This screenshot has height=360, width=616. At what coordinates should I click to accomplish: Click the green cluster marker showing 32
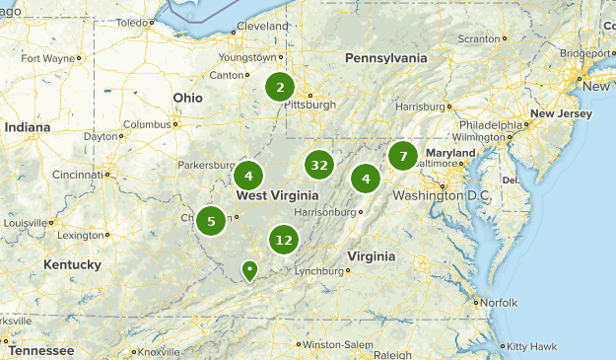(318, 165)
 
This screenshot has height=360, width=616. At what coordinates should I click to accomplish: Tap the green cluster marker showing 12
(284, 239)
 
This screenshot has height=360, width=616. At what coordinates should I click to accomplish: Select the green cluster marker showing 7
(402, 156)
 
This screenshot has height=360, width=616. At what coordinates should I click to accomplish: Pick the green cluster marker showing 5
(211, 221)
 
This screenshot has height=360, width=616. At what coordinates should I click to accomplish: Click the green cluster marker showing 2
(280, 87)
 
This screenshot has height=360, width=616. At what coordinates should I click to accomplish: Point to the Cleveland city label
(262, 25)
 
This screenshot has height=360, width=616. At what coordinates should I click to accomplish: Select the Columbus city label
(148, 124)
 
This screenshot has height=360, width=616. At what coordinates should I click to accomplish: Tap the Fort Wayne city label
(47, 58)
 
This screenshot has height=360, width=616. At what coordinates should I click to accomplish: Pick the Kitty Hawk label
(530, 346)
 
